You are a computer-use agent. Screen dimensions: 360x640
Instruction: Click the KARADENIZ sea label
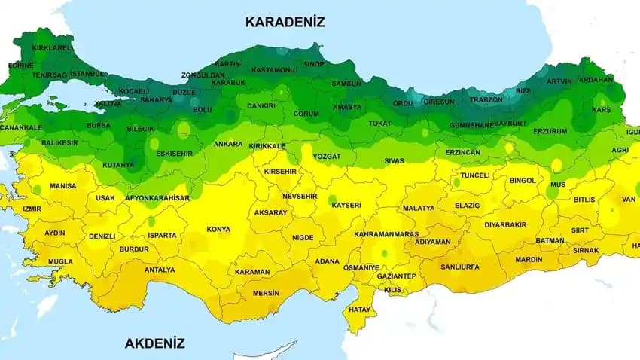point(285,22)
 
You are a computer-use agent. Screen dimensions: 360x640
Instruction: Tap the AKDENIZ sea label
point(154,343)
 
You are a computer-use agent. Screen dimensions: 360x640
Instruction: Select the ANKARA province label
point(227,144)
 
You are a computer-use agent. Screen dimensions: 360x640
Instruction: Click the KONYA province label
point(218,229)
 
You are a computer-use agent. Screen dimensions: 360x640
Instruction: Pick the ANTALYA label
point(160,270)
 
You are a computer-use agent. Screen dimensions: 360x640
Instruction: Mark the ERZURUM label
point(550,131)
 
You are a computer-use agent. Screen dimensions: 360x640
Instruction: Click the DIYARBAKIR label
point(505,224)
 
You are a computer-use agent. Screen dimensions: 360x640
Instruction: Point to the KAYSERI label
point(346,205)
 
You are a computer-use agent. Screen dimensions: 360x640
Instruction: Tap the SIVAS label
point(394,160)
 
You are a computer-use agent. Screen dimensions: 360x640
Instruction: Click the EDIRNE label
point(20,66)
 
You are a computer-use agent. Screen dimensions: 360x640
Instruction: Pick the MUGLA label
point(60,262)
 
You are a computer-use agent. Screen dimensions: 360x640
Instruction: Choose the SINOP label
point(313,64)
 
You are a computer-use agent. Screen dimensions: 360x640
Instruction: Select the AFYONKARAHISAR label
point(157,198)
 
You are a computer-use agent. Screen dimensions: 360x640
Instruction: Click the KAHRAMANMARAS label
point(386,234)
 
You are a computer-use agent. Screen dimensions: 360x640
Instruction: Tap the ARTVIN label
point(559,81)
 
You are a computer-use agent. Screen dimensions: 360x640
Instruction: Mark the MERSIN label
point(266,293)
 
